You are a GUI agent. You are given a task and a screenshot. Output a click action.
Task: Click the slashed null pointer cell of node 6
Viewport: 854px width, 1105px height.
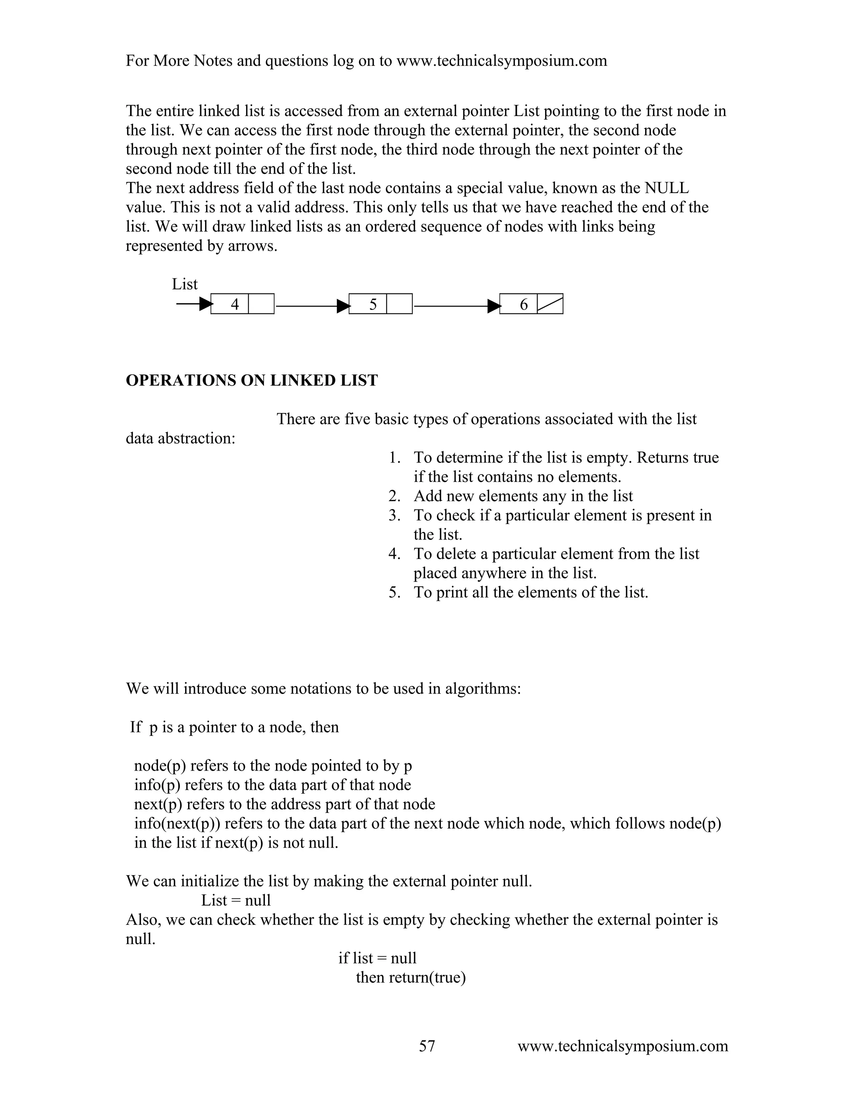point(550,304)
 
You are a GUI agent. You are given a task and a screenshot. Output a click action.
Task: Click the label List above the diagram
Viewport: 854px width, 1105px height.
point(185,284)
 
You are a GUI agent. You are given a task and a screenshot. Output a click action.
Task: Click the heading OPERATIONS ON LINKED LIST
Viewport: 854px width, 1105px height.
point(251,380)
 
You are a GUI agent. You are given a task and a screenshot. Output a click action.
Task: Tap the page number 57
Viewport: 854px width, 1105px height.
point(427,1046)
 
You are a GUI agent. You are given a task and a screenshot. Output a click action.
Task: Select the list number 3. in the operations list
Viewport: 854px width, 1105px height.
point(394,515)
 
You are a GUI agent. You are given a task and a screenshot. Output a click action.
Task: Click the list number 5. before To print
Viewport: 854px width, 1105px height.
point(394,593)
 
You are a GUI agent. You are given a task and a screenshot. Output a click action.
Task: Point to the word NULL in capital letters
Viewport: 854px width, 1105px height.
point(666,188)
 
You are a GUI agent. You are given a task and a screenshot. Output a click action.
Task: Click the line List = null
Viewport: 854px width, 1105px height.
point(236,900)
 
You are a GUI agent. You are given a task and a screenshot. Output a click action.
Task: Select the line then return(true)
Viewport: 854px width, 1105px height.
point(411,977)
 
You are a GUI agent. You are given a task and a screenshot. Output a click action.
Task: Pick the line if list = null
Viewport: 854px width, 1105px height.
point(377,958)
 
